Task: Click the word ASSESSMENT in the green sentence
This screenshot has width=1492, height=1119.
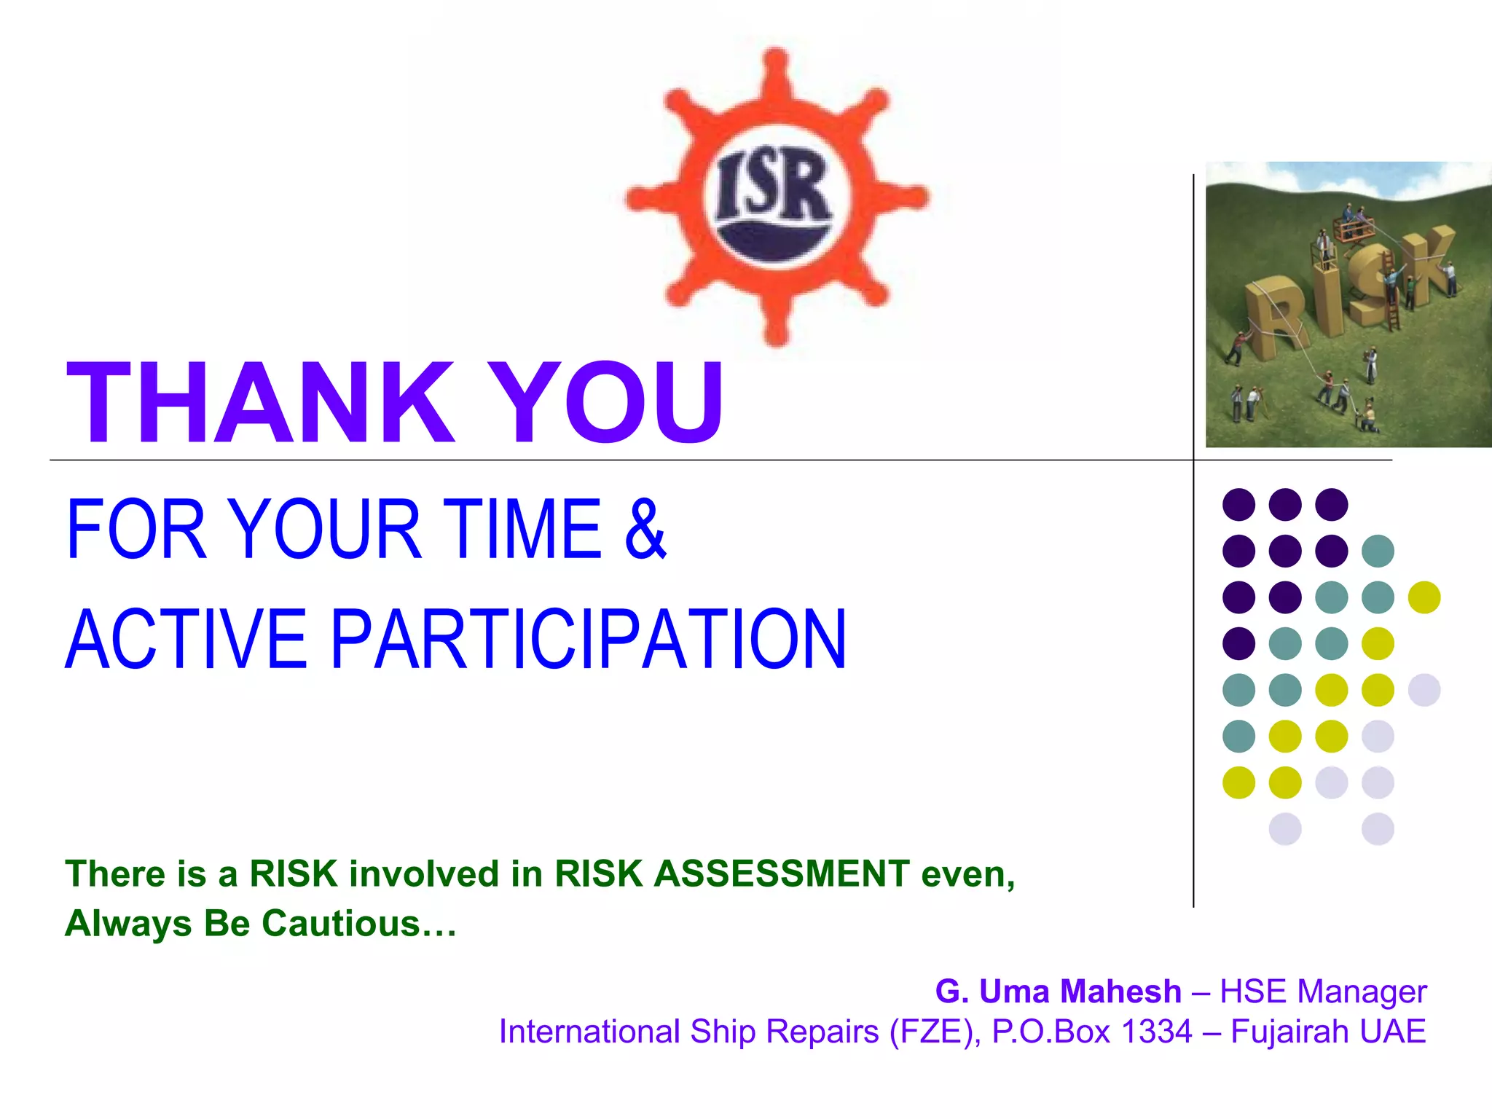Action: point(782,873)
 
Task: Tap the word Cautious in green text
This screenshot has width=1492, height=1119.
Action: point(341,923)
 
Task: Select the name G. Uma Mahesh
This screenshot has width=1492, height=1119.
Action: point(1058,992)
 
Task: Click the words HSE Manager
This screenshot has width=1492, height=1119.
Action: point(1323,992)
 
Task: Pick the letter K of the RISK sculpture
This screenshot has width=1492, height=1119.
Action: point(1424,266)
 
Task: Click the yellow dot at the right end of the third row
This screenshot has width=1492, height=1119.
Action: point(1424,597)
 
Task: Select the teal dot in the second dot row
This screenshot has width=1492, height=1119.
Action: point(1377,551)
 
